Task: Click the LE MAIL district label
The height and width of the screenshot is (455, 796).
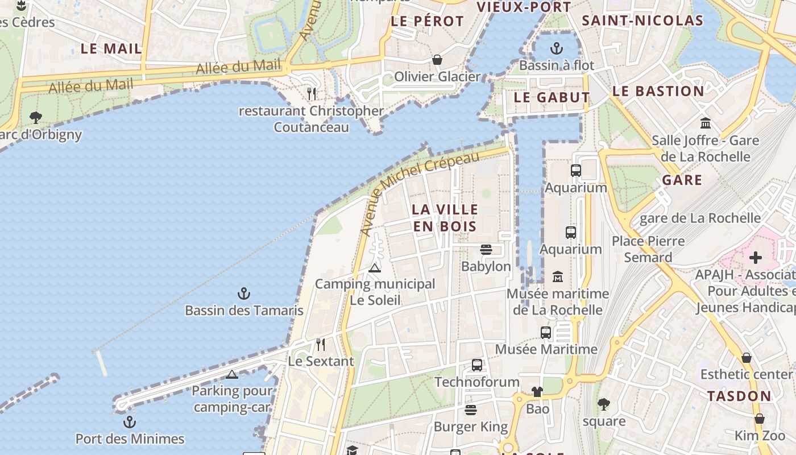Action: pos(111,48)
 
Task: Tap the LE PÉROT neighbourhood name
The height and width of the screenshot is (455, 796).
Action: pos(428,21)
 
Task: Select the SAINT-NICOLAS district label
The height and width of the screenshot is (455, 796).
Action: pos(642,20)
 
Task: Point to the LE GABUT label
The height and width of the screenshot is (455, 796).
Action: pos(552,97)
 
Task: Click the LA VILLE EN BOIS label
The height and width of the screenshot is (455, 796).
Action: pos(445,217)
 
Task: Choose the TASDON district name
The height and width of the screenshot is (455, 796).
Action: pos(739,396)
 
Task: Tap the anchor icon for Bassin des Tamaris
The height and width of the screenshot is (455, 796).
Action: pos(244,294)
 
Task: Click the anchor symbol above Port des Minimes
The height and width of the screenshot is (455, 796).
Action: pos(130,422)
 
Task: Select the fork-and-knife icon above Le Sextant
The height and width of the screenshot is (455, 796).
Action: pos(321,344)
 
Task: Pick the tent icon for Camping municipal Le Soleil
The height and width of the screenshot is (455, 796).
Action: pos(374,267)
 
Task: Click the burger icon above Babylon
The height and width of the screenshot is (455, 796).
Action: pos(486,249)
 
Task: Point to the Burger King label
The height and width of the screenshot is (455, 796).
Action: pos(470,427)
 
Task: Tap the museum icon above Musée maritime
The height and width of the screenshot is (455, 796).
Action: pos(557,276)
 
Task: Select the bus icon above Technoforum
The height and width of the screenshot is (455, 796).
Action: pos(476,365)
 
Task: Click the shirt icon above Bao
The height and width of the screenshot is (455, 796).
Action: pos(537,391)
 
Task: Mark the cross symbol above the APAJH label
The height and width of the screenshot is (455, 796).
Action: pos(755,258)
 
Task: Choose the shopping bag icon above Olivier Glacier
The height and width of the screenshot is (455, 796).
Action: pos(437,59)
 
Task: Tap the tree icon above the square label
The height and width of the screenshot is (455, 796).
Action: pos(603,404)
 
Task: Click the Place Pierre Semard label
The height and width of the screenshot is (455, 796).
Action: pos(648,249)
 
